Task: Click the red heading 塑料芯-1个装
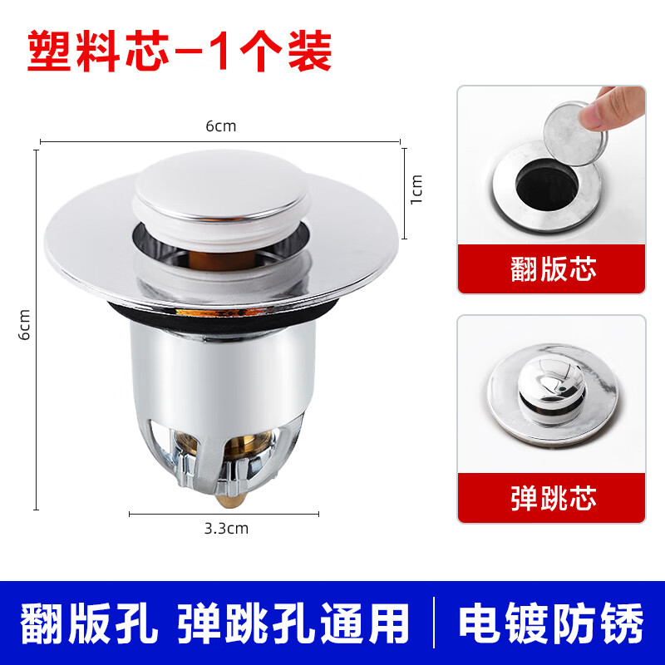click(180, 51)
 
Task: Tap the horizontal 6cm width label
click(221, 126)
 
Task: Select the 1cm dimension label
click(416, 189)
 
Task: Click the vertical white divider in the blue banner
click(435, 623)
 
